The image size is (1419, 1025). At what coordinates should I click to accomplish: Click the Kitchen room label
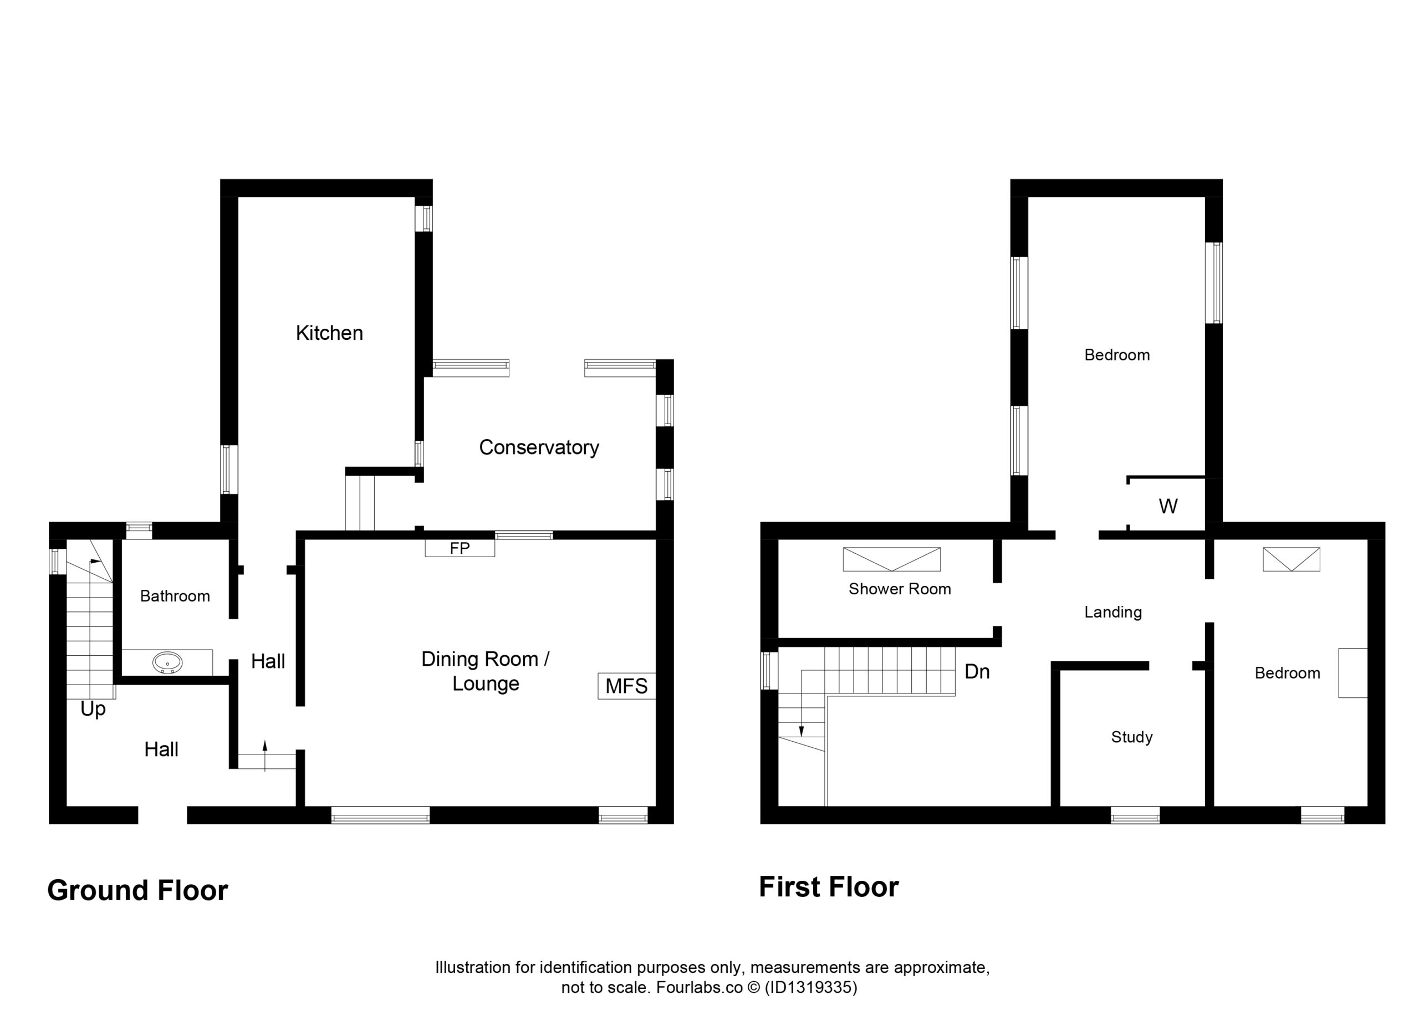coord(329,333)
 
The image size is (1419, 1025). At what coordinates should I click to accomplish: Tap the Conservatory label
coord(539,447)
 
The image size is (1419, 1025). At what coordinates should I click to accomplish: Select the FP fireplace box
coord(460,548)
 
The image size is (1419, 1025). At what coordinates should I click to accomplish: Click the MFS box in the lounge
coord(626,686)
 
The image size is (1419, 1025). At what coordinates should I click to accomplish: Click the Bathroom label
coord(175,596)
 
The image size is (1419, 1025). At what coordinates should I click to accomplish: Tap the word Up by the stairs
coord(93,710)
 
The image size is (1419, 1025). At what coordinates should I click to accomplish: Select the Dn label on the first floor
coord(977,672)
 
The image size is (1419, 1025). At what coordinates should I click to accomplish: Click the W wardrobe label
coord(1168,506)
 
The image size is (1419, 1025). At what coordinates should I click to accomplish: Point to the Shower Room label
coord(900,589)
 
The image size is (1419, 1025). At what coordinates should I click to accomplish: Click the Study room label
coord(1132,737)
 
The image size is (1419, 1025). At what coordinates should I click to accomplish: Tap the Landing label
coord(1113,612)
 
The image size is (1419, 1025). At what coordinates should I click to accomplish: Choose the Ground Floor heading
coord(137,890)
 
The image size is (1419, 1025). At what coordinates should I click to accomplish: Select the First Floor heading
coord(829,887)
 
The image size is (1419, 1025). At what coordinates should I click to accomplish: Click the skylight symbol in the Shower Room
coord(891,559)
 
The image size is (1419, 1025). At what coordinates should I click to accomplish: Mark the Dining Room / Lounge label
coord(486,671)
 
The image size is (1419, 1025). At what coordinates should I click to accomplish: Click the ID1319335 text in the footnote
coord(811,987)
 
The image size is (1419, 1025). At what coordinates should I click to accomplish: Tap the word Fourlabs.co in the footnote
coord(700,987)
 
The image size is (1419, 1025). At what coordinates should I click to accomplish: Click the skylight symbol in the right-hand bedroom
coord(1292,559)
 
